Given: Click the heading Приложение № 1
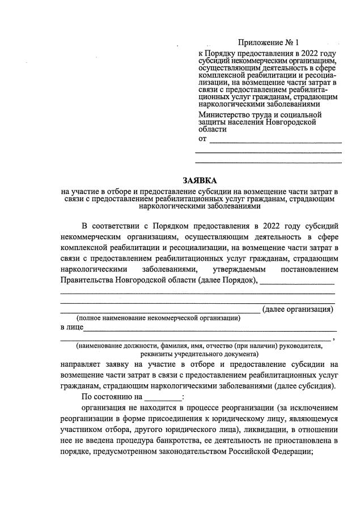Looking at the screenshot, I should click(268, 43).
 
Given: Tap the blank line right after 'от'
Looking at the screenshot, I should click(276, 139).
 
